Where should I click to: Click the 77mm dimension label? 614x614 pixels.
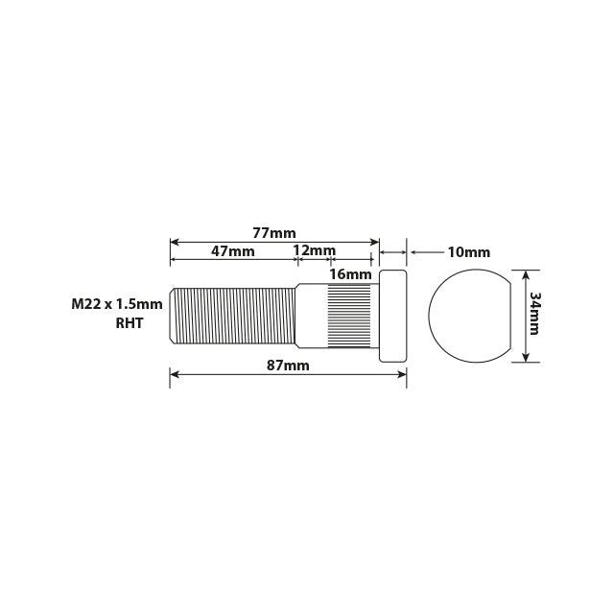click(274, 232)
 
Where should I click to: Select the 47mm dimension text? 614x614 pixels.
click(233, 251)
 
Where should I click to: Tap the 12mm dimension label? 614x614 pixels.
click(315, 251)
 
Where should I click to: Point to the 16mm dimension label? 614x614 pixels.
click(350, 274)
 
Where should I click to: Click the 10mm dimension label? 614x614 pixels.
click(468, 252)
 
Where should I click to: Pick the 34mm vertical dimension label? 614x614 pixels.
click(535, 314)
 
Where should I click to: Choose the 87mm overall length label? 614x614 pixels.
click(288, 366)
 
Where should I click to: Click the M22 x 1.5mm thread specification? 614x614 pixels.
click(117, 304)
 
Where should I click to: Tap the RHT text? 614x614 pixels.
click(129, 323)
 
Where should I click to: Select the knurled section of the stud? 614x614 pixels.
click(349, 316)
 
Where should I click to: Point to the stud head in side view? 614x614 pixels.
click(393, 316)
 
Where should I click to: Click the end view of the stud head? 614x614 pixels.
click(465, 316)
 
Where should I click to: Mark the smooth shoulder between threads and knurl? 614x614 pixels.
click(311, 316)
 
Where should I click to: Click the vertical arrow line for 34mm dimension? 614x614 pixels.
click(524, 316)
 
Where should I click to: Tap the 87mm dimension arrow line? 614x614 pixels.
click(288, 376)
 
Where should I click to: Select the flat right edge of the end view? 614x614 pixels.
click(507, 316)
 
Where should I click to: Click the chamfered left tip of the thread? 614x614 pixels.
click(173, 316)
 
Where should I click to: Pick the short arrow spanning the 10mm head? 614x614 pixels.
click(393, 252)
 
